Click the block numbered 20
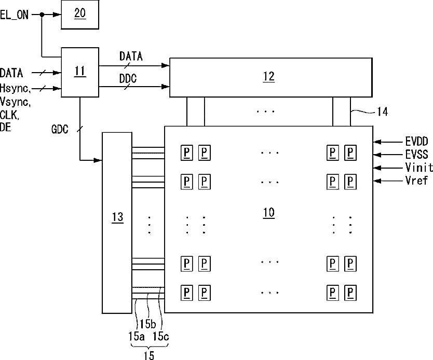tap(80, 15)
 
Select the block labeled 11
tap(80, 72)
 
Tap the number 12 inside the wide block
tap(269, 76)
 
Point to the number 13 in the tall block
tap(117, 217)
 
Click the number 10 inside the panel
tap(269, 213)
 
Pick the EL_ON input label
tap(14, 15)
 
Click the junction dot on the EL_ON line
tap(42, 15)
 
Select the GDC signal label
tap(60, 129)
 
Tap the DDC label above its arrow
tap(128, 79)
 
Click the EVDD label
tap(417, 142)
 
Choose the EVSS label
tap(417, 155)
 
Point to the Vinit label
tap(419, 168)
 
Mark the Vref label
tap(417, 181)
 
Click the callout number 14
tap(383, 112)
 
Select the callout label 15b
tap(148, 324)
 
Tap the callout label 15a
tap(136, 336)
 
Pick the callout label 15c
tap(161, 336)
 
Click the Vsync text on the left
tap(15, 102)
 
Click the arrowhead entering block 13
tap(98, 160)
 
